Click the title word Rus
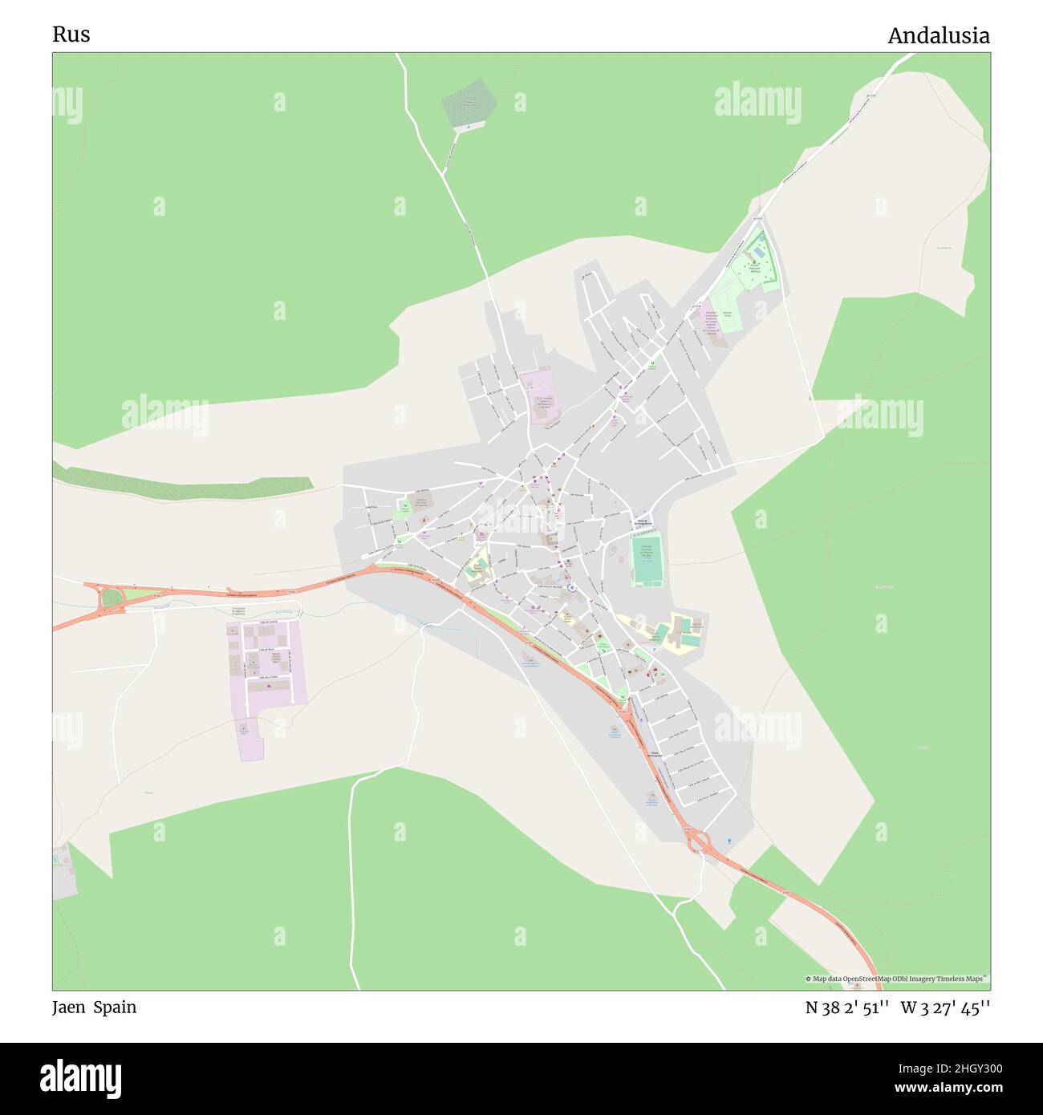(x=71, y=34)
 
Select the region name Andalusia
(x=938, y=36)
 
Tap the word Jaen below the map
(x=70, y=1008)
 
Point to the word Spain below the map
(x=115, y=1008)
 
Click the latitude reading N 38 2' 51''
(x=846, y=1008)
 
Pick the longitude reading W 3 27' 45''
(x=945, y=1008)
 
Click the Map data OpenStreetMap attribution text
(x=896, y=979)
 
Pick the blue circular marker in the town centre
(x=571, y=588)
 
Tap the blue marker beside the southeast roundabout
(x=728, y=840)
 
